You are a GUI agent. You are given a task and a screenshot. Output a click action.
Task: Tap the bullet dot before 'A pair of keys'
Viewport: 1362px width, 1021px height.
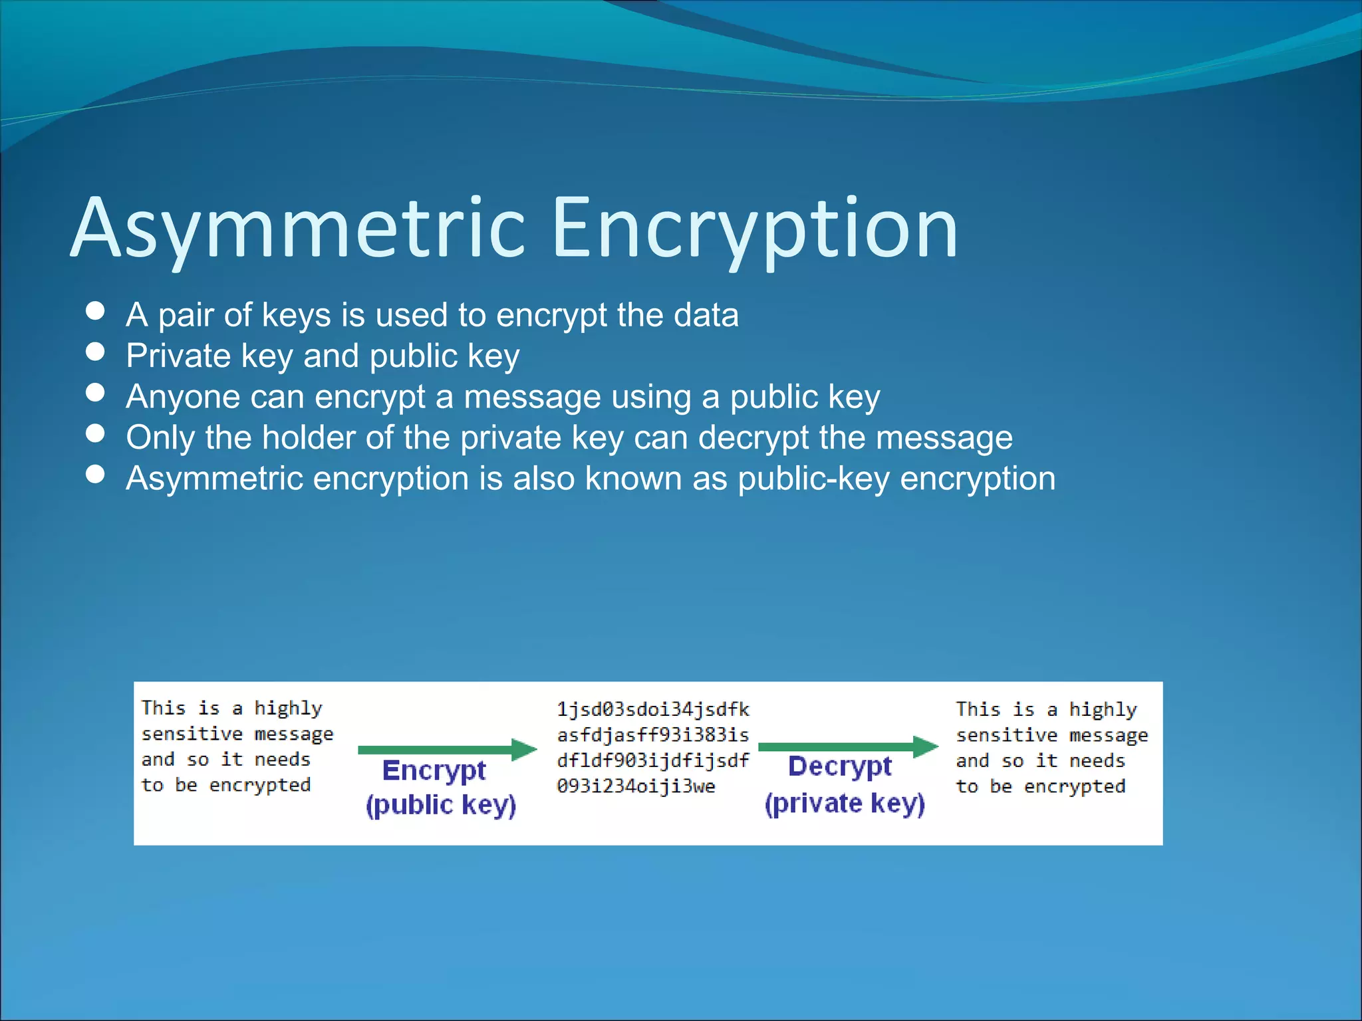(x=96, y=311)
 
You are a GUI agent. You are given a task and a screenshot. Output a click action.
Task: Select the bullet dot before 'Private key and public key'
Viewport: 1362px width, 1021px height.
(x=96, y=352)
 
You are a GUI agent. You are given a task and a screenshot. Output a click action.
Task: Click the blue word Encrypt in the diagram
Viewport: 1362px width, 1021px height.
(x=434, y=771)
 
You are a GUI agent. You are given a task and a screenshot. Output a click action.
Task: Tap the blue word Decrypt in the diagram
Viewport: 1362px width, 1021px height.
(x=839, y=767)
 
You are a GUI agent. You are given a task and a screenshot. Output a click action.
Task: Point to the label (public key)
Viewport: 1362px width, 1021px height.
(x=441, y=805)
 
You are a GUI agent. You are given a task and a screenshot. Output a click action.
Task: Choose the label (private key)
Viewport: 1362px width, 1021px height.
(x=845, y=804)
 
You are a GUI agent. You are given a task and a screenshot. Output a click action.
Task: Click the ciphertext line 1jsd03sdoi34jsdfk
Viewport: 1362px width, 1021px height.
(x=652, y=710)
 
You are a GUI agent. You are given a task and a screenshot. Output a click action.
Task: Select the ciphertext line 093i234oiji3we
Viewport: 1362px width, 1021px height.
(x=636, y=786)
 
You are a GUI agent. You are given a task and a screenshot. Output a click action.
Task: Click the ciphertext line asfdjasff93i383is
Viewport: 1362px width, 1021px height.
(x=652, y=735)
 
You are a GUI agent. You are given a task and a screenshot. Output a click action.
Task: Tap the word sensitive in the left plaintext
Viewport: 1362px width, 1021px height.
(x=192, y=734)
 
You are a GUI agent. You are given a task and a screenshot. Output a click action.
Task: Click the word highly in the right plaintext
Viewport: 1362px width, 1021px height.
(x=1103, y=710)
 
